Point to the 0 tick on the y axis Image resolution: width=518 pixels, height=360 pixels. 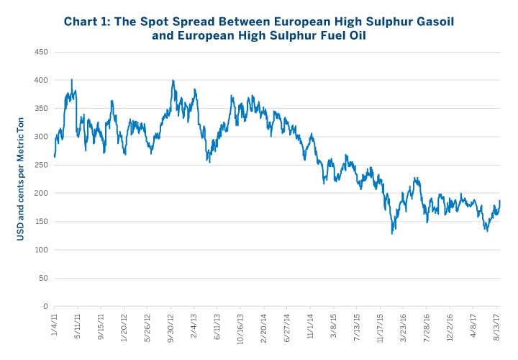point(45,307)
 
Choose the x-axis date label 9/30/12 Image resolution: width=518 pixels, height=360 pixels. point(172,325)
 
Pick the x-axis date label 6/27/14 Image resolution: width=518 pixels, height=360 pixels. point(288,325)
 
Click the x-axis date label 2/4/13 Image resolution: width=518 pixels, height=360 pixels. point(195,323)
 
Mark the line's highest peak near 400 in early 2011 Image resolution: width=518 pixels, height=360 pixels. point(71,80)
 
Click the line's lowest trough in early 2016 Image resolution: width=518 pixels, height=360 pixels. point(392,233)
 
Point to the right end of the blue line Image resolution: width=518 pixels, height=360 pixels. point(500,201)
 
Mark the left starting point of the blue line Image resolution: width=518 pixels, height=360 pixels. point(54,156)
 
